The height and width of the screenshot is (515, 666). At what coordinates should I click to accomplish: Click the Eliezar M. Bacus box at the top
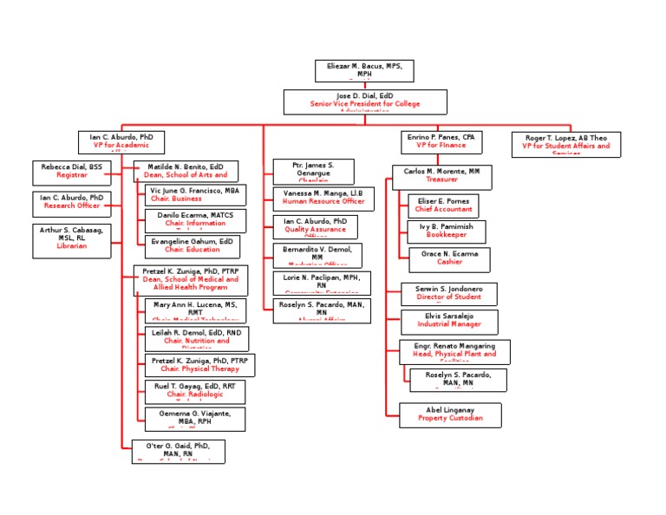tap(364, 71)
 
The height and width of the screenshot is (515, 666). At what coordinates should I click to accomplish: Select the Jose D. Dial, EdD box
tap(365, 101)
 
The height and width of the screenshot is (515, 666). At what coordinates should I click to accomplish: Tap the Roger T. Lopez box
tap(565, 143)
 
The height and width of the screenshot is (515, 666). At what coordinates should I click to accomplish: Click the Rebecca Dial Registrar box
tap(72, 172)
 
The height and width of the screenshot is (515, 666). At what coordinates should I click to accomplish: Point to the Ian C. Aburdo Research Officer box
tap(72, 203)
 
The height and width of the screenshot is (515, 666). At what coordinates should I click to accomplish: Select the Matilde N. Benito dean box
tap(186, 171)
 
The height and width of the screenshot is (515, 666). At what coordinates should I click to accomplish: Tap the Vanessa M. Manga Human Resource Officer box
tap(323, 197)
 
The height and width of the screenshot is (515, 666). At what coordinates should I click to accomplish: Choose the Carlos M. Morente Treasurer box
tap(441, 177)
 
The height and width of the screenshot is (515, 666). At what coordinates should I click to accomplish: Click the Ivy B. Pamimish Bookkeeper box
tap(447, 231)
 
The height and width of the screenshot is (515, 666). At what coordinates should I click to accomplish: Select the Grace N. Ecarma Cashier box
tap(449, 259)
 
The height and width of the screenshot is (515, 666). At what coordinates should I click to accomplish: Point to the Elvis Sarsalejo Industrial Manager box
tap(449, 321)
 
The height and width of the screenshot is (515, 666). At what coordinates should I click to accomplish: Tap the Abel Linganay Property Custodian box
tap(450, 414)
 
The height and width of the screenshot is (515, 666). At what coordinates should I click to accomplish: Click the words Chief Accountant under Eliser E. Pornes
tap(442, 210)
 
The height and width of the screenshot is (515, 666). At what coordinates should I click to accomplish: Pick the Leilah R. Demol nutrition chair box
tap(196, 338)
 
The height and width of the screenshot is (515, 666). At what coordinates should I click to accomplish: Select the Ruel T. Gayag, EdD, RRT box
tap(194, 391)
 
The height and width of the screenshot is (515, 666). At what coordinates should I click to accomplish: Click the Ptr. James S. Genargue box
tap(313, 171)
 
